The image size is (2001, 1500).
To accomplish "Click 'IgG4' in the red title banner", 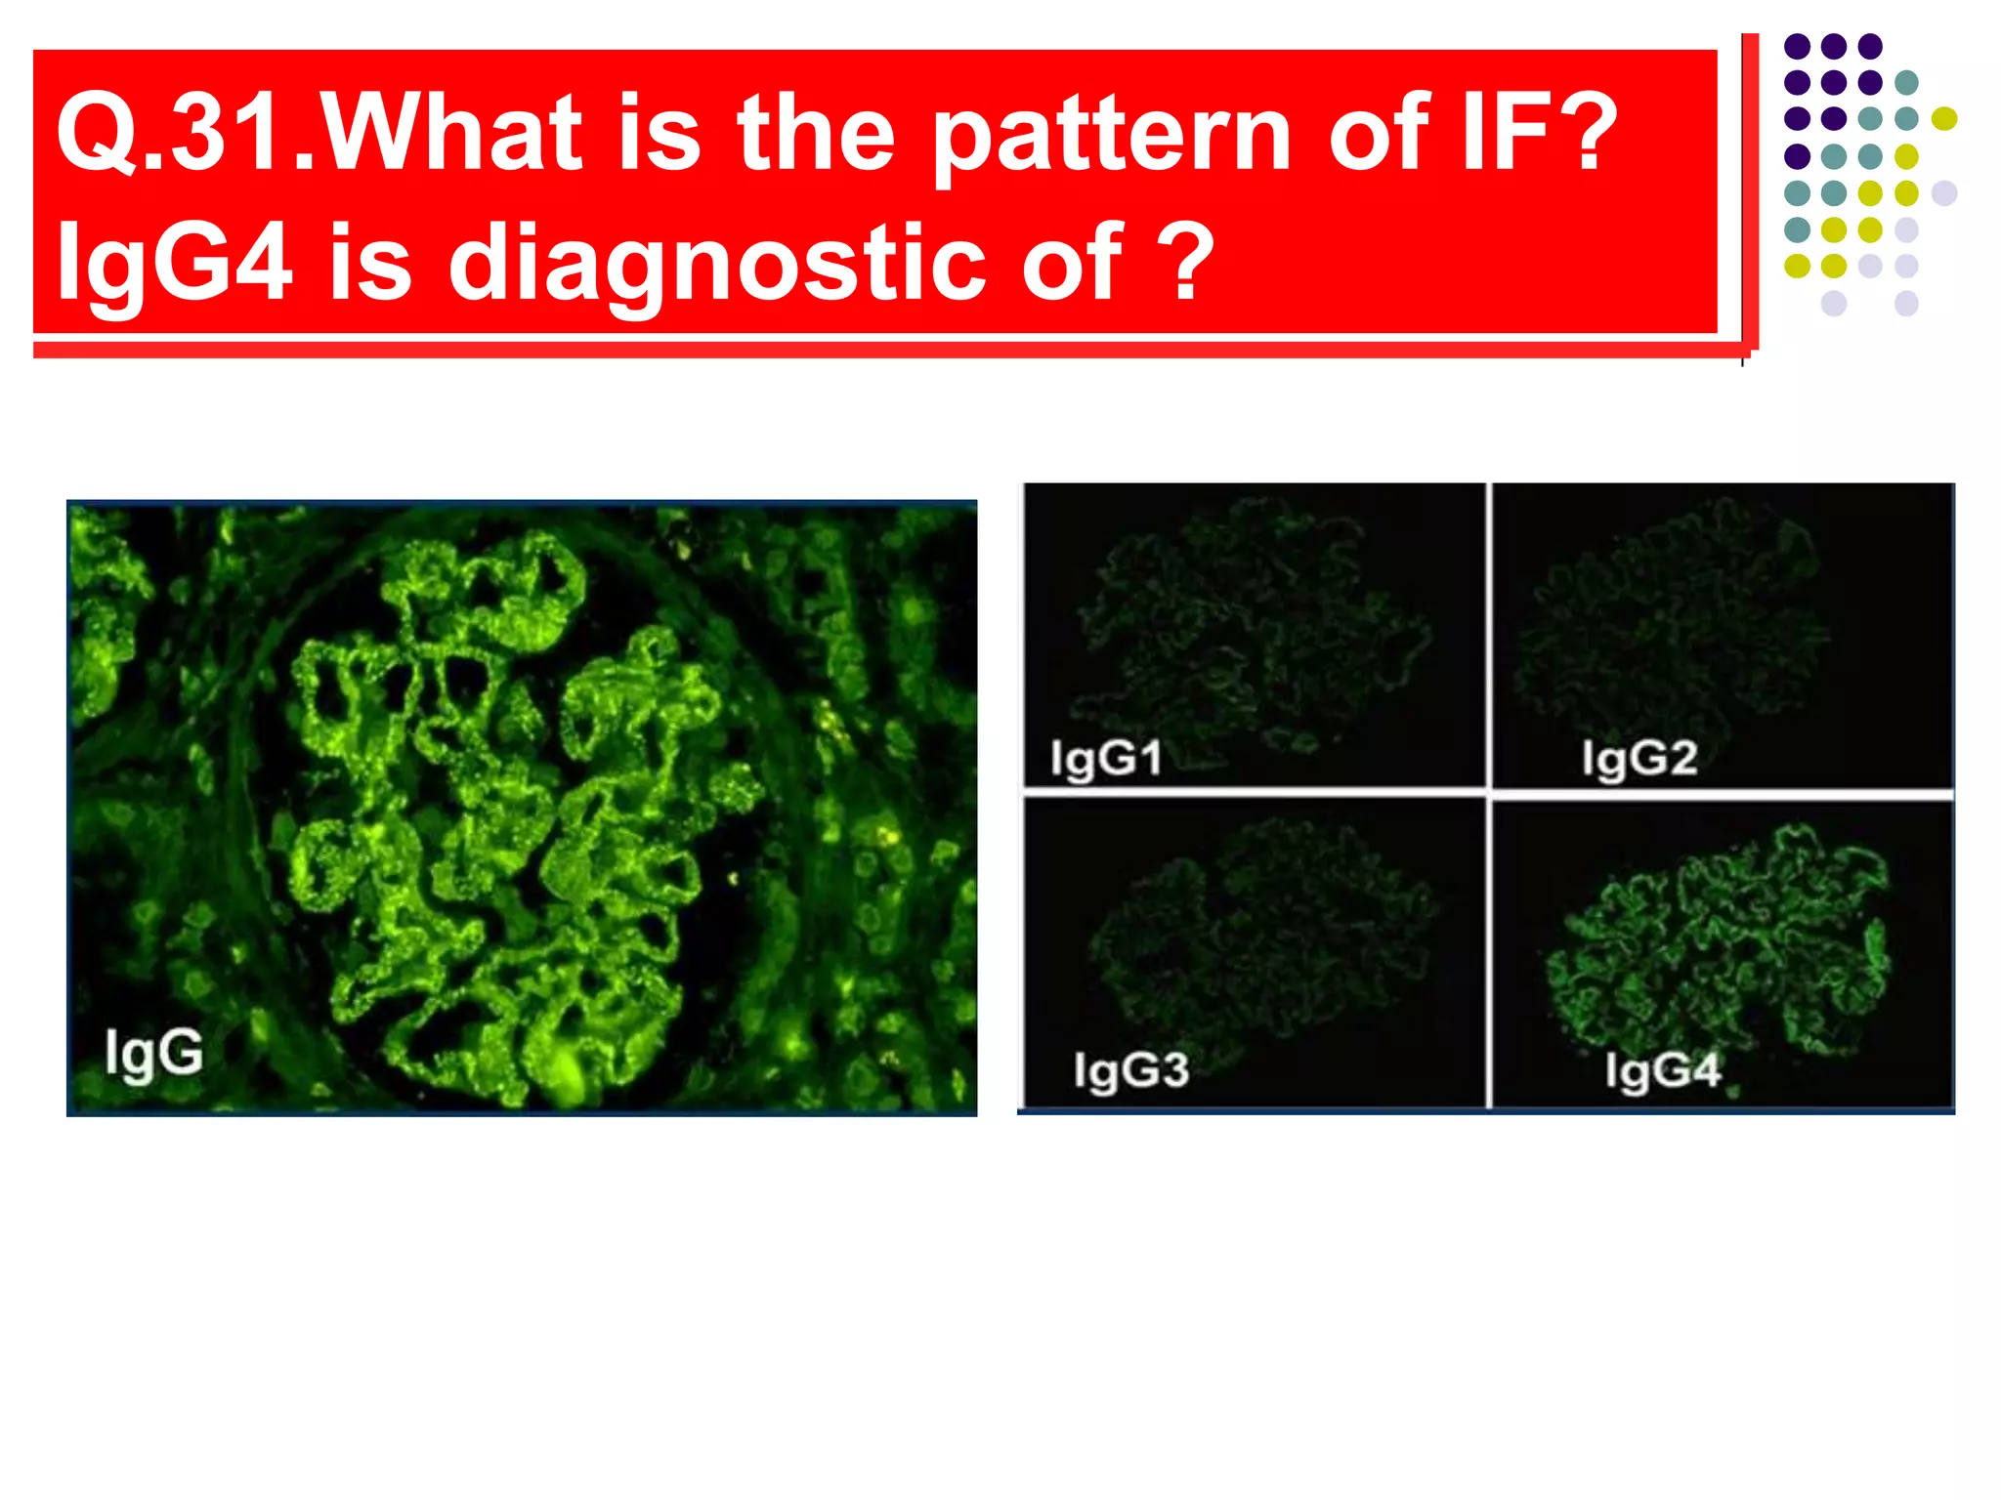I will pos(173,262).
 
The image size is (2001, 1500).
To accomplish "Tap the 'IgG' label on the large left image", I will pos(153,1053).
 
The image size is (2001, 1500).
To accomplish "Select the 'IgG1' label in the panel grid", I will pos(1106,758).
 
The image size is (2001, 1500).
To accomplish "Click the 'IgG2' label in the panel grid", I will pos(1639,758).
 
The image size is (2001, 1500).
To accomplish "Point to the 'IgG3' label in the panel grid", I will pos(1130,1070).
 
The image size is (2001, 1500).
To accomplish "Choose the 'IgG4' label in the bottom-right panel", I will pos(1662,1070).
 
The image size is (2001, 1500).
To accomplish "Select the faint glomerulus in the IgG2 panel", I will pos(1671,625).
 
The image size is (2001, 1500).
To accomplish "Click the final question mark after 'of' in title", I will pos(1184,262).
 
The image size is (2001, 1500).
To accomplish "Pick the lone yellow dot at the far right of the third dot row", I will pos(1943,119).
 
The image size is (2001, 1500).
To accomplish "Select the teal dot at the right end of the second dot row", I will pos(1906,83).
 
